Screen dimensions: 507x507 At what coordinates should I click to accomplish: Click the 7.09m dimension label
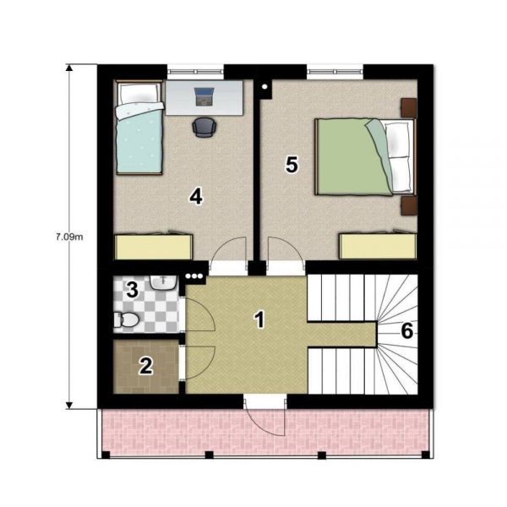pyautogui.click(x=70, y=237)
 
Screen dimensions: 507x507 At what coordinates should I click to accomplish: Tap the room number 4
pyautogui.click(x=196, y=196)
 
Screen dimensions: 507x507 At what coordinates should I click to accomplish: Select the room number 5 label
pyautogui.click(x=292, y=165)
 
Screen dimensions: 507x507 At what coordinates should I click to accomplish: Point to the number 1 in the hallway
pyautogui.click(x=260, y=319)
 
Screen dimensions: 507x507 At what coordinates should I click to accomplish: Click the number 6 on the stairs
pyautogui.click(x=407, y=331)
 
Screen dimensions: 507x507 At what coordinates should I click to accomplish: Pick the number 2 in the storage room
pyautogui.click(x=146, y=367)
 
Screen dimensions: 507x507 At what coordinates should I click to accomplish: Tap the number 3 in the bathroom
pyautogui.click(x=133, y=289)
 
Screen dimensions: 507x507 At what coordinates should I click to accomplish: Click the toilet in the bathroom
pyautogui.click(x=126, y=319)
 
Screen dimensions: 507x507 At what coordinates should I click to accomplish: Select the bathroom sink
pyautogui.click(x=164, y=282)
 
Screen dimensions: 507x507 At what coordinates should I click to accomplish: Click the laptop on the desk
pyautogui.click(x=204, y=96)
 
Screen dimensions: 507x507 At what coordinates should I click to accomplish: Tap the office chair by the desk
pyautogui.click(x=204, y=127)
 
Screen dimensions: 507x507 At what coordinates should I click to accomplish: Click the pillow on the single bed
pyautogui.click(x=139, y=93)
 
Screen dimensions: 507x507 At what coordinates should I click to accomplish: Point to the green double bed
pyautogui.click(x=365, y=157)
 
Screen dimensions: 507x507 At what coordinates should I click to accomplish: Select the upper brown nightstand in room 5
pyautogui.click(x=409, y=107)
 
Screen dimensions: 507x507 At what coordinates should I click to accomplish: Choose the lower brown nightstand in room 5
pyautogui.click(x=409, y=205)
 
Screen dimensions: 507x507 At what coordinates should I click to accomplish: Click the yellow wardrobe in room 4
pyautogui.click(x=154, y=247)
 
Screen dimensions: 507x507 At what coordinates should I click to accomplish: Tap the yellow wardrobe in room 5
pyautogui.click(x=378, y=246)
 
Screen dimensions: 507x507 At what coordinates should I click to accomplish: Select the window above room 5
pyautogui.click(x=335, y=72)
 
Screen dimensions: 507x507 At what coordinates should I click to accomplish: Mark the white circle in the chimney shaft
pyautogui.click(x=264, y=86)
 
